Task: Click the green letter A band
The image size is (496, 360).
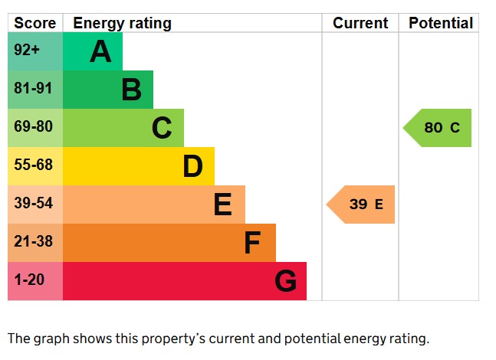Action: [93, 51]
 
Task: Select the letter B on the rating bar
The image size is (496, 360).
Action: [131, 90]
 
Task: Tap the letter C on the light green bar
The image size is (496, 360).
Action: [162, 128]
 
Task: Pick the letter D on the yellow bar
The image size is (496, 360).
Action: [192, 166]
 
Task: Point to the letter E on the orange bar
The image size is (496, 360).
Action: [222, 205]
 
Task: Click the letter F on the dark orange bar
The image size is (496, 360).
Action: [252, 243]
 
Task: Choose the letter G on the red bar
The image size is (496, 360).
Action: [285, 281]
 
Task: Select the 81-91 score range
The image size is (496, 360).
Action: [33, 89]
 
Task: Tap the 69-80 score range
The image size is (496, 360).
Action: [33, 127]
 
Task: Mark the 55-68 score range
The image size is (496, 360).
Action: [33, 165]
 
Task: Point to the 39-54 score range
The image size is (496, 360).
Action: [33, 204]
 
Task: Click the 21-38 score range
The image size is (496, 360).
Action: [33, 242]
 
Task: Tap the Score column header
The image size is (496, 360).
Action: [35, 23]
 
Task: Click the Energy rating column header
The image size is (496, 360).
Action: [122, 23]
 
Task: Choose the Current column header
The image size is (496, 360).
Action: [360, 23]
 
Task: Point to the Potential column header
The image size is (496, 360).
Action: [440, 23]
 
